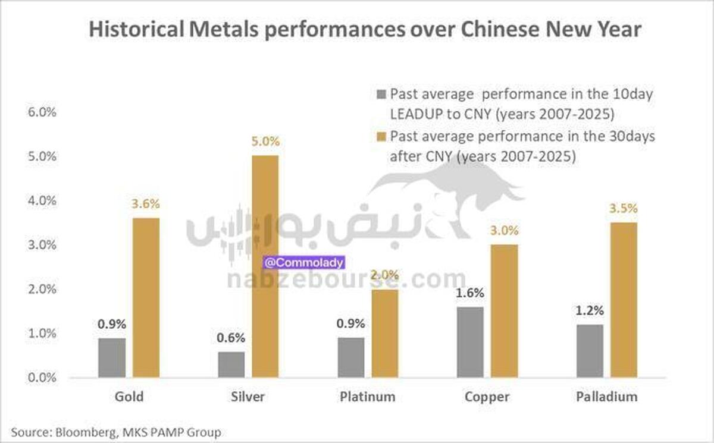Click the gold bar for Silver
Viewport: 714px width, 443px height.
265,266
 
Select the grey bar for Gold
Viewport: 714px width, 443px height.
112,357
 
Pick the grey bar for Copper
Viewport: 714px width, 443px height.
470,342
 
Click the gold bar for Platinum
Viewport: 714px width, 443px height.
384,333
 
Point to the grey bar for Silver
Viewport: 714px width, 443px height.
231,364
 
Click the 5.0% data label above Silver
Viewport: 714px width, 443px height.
265,142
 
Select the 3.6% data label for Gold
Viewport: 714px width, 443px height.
146,204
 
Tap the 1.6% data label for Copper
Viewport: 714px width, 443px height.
470,293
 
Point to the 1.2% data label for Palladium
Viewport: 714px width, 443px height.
590,310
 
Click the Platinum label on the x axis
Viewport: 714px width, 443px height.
367,397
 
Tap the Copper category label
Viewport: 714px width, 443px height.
487,397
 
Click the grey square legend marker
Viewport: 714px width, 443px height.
381,94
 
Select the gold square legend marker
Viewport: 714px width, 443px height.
381,136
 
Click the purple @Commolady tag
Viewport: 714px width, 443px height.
303,262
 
